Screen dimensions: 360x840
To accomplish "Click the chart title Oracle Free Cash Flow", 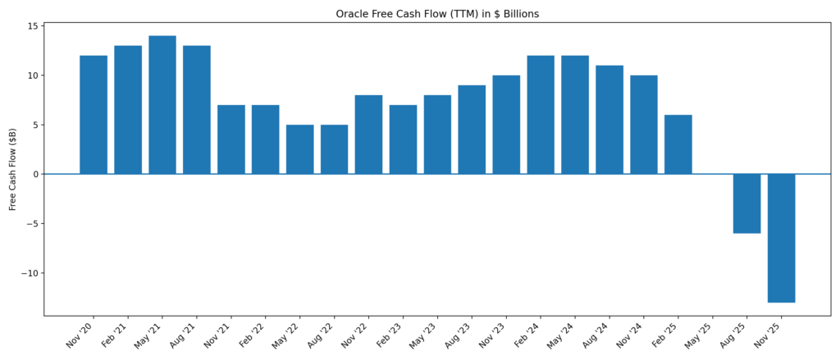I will pos(437,14).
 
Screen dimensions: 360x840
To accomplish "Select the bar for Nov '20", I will pos(94,115).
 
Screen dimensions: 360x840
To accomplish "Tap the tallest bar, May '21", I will pos(162,105).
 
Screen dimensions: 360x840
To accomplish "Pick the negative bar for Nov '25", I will pos(781,238).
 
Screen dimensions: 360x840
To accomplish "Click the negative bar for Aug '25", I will pos(746,203).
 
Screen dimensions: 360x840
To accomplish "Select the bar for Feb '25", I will pos(678,144).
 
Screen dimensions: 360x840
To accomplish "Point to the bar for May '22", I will pos(299,149).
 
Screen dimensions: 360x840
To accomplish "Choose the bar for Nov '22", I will pos(368,134).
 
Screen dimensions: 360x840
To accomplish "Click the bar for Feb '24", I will pos(541,115).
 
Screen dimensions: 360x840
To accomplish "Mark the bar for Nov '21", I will pos(231,139).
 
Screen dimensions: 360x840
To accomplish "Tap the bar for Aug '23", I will pos(472,130).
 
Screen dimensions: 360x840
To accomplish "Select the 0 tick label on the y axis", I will pos(35,174).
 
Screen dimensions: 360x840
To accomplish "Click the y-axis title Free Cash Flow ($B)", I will pos(13,169).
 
